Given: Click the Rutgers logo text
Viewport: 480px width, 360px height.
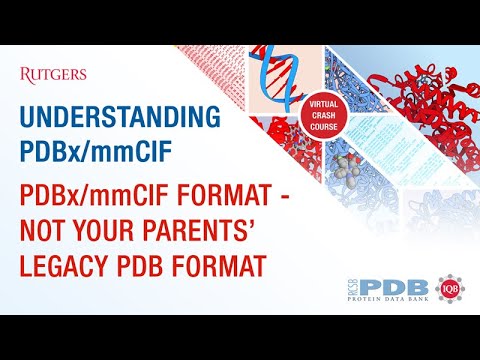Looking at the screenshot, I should point(53,73).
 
